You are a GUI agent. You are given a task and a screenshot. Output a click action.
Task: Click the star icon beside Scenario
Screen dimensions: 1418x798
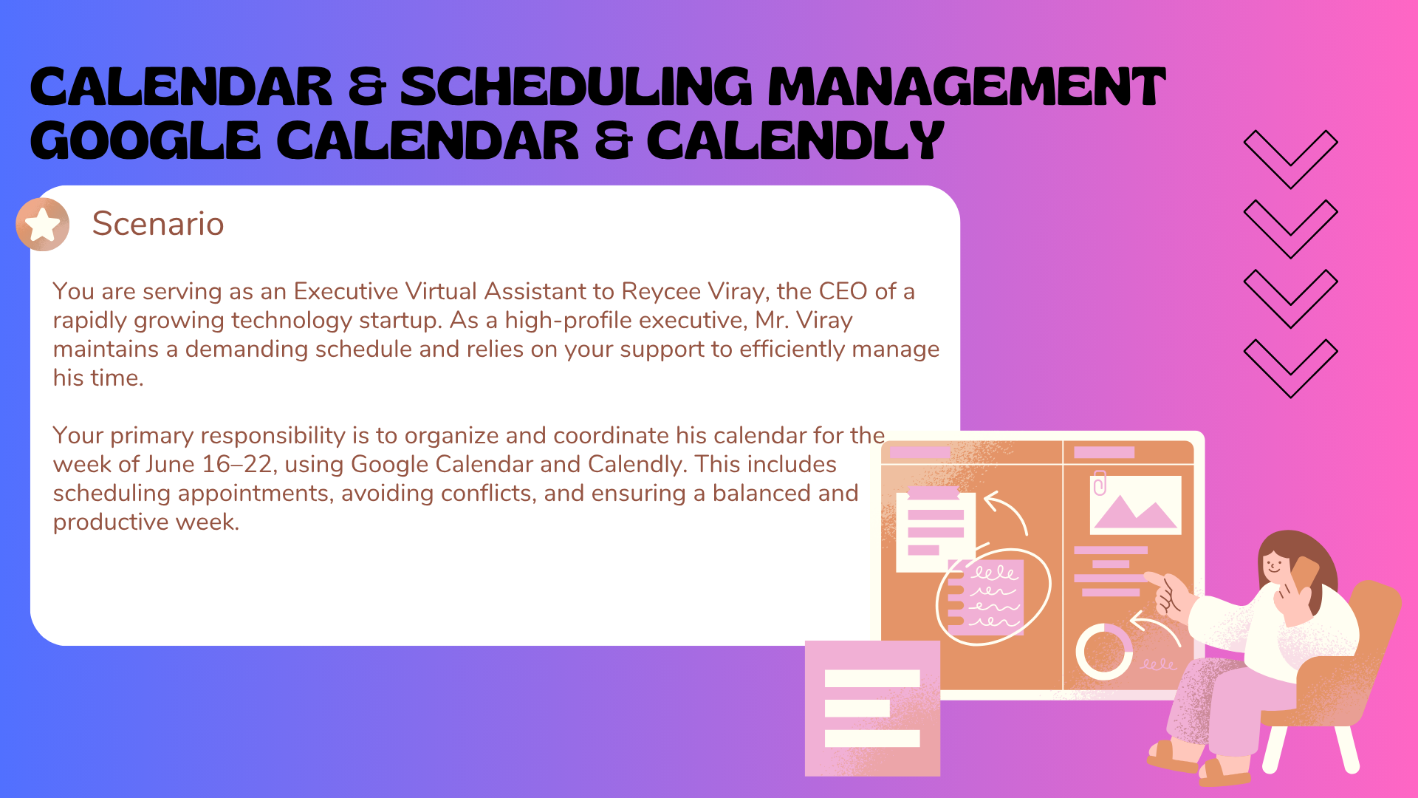tap(43, 224)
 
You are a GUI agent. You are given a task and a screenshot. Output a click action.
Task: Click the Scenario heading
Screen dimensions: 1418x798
tap(158, 223)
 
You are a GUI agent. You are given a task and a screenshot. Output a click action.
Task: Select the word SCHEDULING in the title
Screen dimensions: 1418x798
tap(576, 86)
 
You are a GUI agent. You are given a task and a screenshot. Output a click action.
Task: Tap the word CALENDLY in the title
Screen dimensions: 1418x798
tap(795, 140)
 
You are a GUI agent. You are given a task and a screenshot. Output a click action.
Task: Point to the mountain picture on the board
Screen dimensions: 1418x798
tap(1135, 504)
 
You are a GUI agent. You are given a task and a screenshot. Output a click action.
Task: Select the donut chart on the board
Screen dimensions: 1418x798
tap(1104, 651)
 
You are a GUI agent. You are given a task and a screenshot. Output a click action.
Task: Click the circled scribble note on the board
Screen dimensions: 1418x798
tap(993, 596)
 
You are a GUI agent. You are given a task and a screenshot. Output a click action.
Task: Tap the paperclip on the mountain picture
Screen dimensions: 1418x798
tap(1100, 482)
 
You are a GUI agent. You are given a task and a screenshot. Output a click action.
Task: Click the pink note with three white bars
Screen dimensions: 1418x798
tap(872, 708)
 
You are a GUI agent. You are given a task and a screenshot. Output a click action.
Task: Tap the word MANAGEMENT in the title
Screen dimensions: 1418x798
tap(967, 86)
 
